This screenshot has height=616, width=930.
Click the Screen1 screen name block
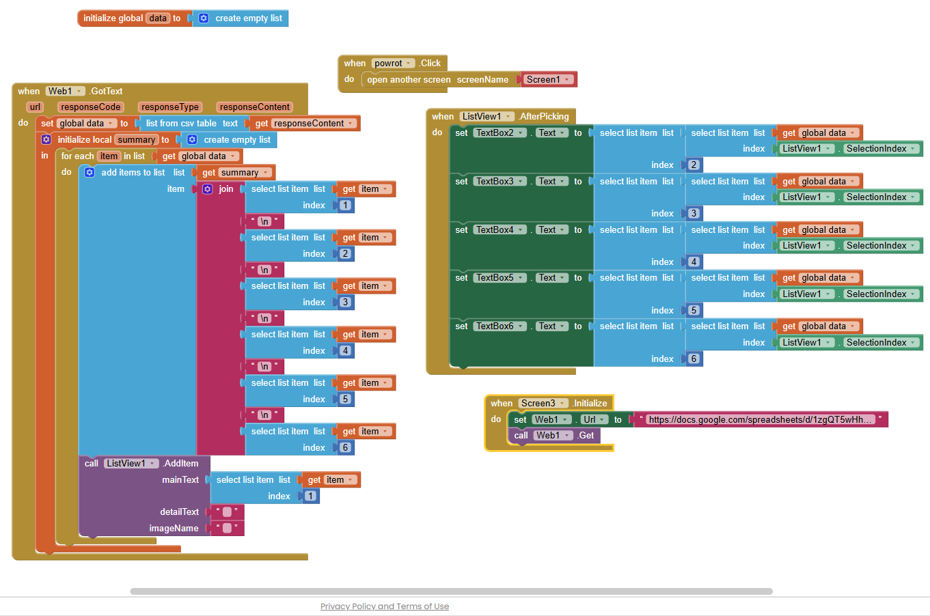click(x=547, y=79)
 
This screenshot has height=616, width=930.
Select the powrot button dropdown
click(x=392, y=63)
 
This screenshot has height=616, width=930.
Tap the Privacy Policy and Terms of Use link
click(x=385, y=606)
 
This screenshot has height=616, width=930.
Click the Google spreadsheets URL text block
click(x=760, y=419)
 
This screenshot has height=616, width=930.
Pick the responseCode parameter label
click(x=90, y=107)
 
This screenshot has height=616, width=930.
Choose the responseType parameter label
click(x=170, y=107)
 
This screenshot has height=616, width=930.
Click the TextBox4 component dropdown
click(x=500, y=230)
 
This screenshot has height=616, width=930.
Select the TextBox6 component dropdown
click(x=500, y=326)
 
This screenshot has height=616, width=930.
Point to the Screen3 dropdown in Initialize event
click(x=543, y=403)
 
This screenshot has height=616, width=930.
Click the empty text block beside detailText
click(x=227, y=512)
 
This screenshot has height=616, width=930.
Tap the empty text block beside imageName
click(x=227, y=528)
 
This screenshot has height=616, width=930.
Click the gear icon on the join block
click(x=207, y=189)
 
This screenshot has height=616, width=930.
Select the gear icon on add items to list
click(x=90, y=173)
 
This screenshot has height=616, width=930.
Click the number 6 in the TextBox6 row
click(x=694, y=359)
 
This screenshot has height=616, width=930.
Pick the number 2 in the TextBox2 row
click(x=694, y=165)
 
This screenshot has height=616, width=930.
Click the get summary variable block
click(x=235, y=173)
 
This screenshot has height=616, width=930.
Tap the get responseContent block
click(x=304, y=123)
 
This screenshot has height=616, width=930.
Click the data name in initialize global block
click(x=158, y=18)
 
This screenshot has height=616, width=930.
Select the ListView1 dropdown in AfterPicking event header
click(x=487, y=117)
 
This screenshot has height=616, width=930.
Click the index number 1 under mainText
click(x=310, y=496)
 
